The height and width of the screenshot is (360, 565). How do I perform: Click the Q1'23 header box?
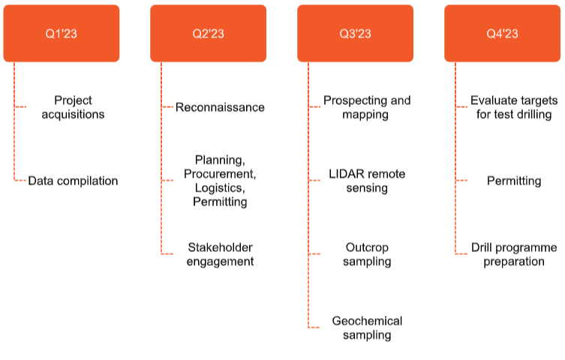(x=62, y=33)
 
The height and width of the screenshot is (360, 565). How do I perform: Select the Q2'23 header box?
(x=209, y=33)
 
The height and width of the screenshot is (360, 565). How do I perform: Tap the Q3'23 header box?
(x=356, y=33)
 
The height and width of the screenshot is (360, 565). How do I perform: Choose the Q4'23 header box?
(x=502, y=33)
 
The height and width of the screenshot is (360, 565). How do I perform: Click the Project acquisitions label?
(x=73, y=107)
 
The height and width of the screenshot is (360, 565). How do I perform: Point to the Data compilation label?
(x=73, y=181)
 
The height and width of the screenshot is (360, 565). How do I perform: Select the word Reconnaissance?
(x=220, y=107)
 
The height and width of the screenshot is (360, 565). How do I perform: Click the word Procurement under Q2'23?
(x=220, y=174)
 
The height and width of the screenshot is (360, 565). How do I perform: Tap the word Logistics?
(x=220, y=188)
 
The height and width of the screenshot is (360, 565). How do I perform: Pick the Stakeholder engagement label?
(x=220, y=254)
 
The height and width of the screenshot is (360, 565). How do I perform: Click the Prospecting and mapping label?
(x=367, y=107)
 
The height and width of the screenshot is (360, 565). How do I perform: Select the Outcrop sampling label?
(x=367, y=254)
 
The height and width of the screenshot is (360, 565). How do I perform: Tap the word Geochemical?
(x=367, y=321)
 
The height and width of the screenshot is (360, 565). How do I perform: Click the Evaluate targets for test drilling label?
(x=514, y=107)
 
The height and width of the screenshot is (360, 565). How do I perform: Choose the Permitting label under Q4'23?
(x=514, y=181)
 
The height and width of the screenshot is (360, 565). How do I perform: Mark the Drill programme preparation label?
(x=514, y=254)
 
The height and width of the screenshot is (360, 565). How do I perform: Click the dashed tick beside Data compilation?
(x=20, y=180)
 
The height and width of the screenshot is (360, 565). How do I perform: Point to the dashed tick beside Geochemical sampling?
(x=314, y=328)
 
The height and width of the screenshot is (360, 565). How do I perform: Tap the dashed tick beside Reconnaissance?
(x=167, y=107)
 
